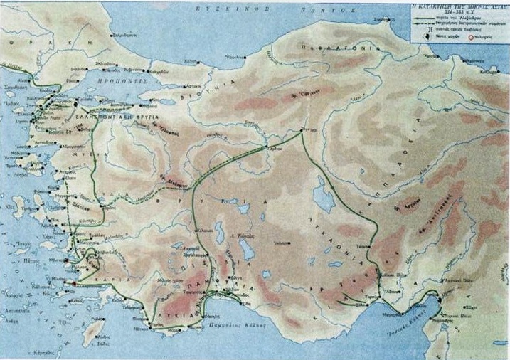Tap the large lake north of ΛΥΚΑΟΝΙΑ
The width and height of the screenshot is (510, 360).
(x=324, y=201)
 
